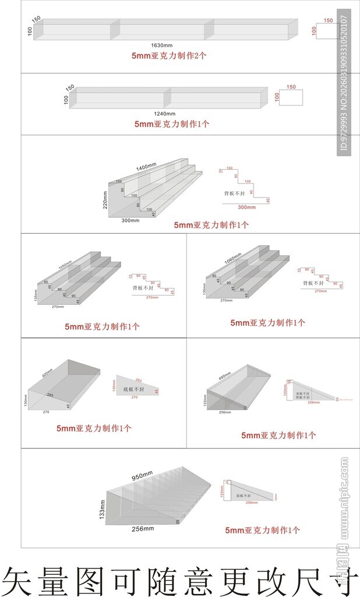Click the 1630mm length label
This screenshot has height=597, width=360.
(x=161, y=45)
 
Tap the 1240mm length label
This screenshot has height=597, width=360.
(x=164, y=113)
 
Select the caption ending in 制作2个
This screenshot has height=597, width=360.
(x=169, y=56)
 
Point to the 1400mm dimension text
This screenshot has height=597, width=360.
(x=146, y=167)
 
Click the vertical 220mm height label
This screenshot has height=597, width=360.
(x=105, y=200)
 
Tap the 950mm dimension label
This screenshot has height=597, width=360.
(x=142, y=476)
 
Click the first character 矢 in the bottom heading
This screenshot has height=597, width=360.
(x=16, y=580)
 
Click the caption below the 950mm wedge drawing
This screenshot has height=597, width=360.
(x=262, y=530)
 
